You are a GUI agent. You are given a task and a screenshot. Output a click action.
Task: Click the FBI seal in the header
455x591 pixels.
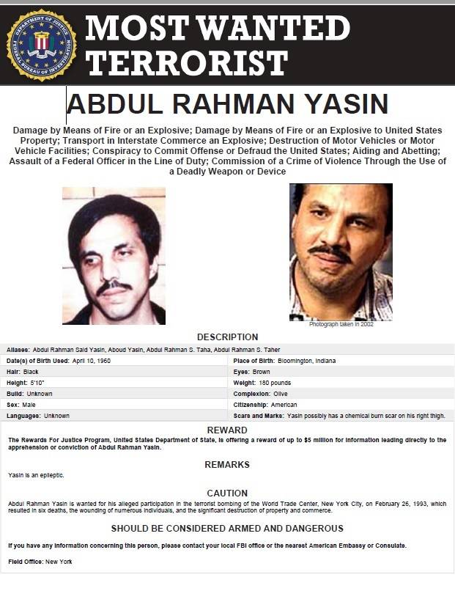(x=41, y=45)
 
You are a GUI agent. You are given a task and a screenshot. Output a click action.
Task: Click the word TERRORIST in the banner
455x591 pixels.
(x=186, y=63)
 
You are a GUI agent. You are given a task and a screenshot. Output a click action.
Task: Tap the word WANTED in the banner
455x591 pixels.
(x=275, y=28)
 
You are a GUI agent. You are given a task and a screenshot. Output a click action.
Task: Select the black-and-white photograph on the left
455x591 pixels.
(x=114, y=255)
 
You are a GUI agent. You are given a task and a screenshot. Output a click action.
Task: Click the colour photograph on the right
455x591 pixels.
(x=341, y=252)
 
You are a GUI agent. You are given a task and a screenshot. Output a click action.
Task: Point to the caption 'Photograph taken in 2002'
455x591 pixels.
(x=341, y=324)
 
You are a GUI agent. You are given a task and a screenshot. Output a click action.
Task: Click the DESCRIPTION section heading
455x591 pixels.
(x=227, y=337)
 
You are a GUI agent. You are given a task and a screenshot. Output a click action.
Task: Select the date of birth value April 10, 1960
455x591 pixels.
(x=92, y=361)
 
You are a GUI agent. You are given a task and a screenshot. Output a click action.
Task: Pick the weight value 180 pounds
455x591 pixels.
(x=273, y=383)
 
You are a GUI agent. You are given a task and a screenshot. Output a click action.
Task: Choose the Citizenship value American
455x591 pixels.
(x=284, y=405)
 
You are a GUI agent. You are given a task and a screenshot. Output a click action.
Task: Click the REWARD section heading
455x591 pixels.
(x=227, y=430)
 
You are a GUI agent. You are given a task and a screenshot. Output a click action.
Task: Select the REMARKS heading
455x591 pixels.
(x=227, y=465)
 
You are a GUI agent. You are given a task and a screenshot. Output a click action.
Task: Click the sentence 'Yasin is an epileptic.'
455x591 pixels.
(x=36, y=475)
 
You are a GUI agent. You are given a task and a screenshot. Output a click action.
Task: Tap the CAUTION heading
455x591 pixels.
(x=227, y=493)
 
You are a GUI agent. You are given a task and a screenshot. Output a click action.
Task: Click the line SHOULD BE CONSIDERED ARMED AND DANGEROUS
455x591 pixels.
(x=227, y=528)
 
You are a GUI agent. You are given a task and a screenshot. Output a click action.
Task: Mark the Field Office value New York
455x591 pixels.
(x=59, y=562)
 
